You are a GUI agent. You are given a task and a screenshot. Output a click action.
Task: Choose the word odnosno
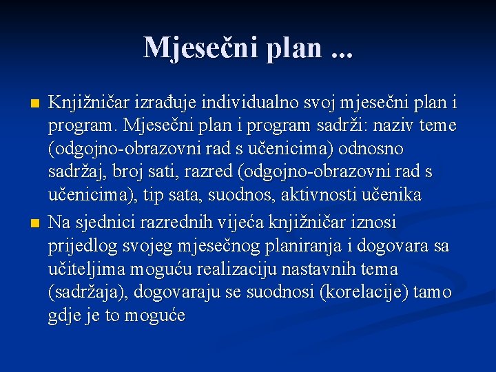[x=371, y=149]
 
